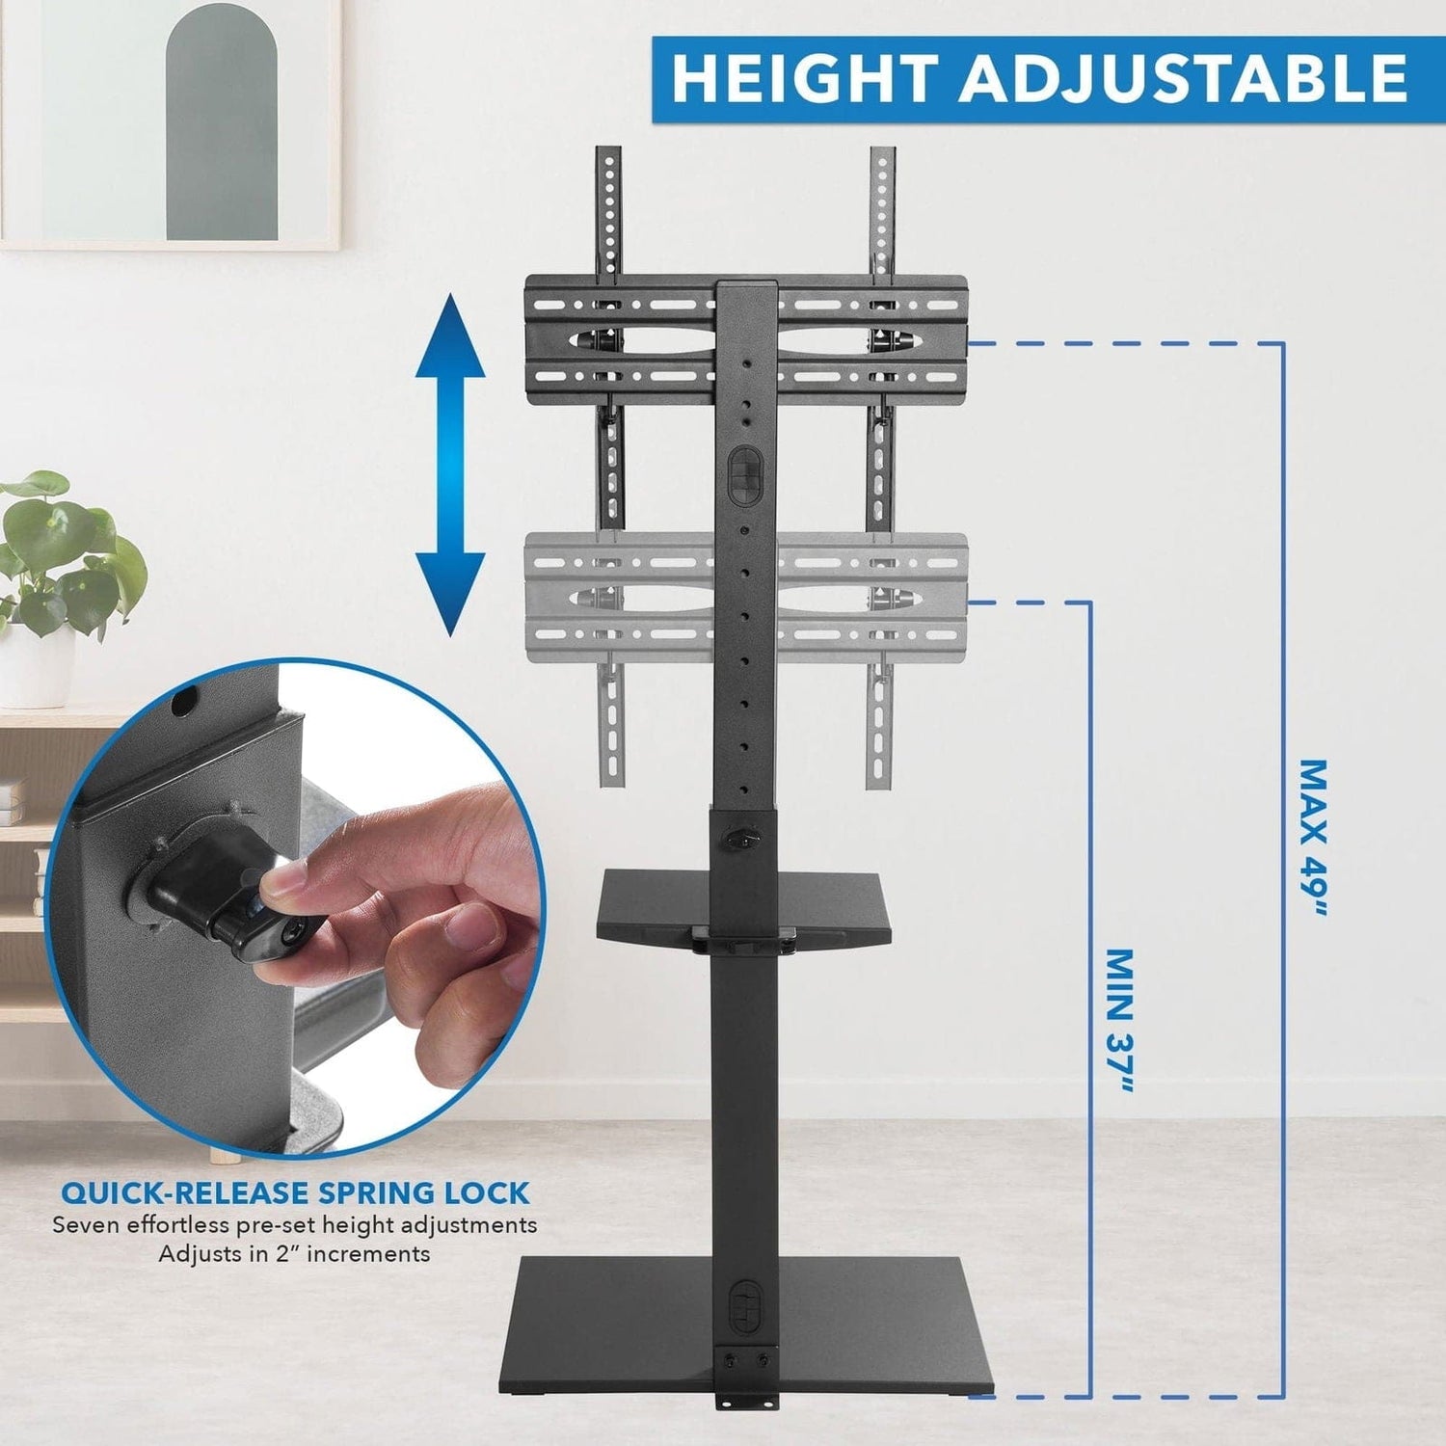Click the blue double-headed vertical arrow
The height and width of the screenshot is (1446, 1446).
coord(450,466)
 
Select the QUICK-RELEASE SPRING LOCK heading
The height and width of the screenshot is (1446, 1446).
coord(295,1192)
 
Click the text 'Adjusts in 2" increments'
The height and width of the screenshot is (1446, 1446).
coord(294,1254)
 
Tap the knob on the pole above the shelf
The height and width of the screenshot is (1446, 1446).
coord(743,839)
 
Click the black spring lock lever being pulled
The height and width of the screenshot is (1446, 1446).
coord(241,897)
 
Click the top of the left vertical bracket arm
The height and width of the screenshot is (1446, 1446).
coord(607,159)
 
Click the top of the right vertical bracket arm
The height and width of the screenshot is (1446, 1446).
coord(882,159)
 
